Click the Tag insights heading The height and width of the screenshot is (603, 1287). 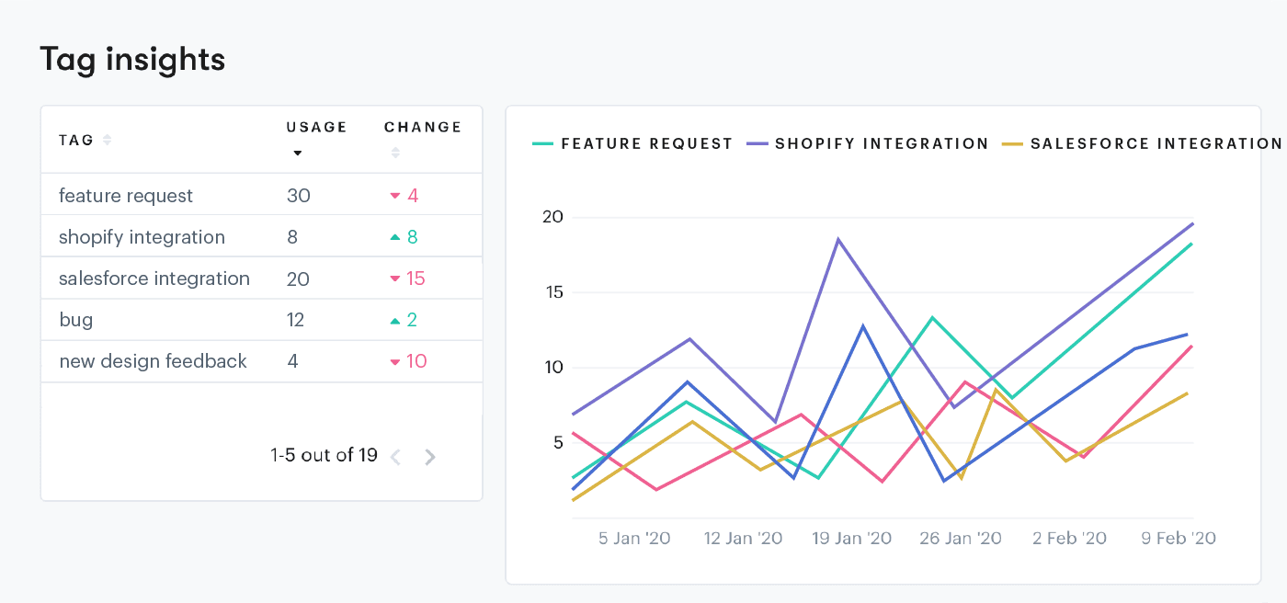pos(132,60)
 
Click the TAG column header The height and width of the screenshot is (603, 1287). pos(76,141)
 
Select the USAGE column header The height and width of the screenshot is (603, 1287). pos(316,128)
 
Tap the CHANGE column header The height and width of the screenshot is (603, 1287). pos(423,128)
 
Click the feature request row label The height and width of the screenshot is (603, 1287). pos(126,196)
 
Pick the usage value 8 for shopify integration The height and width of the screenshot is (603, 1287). pos(292,237)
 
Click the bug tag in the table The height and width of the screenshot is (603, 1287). pos(75,320)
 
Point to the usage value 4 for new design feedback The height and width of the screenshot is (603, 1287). pos(292,361)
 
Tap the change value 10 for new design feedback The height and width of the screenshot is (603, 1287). pos(416,361)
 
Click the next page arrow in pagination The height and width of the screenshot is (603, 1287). pos(430,457)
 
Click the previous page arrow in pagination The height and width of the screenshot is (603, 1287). pos(396,457)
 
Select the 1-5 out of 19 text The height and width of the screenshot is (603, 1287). pos(324,455)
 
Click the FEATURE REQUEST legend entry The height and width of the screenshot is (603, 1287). pos(646,144)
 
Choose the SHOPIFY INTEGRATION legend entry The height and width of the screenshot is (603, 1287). pos(881,144)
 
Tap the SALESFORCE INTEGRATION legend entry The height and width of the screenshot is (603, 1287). pos(1155,144)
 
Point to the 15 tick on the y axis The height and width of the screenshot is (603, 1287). pos(552,293)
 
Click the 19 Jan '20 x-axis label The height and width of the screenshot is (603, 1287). pos(851,539)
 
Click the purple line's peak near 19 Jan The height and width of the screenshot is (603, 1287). pos(838,240)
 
